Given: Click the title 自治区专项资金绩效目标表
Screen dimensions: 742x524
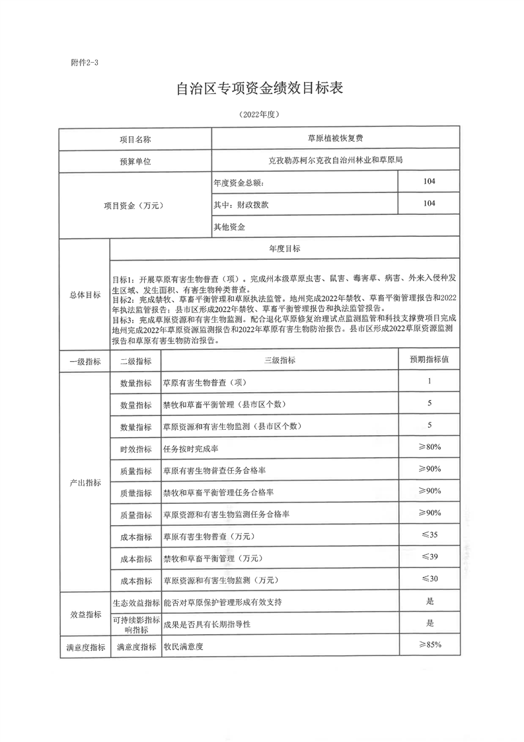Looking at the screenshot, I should pyautogui.click(x=261, y=88).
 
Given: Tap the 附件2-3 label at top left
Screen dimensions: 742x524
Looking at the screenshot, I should pyautogui.click(x=84, y=63).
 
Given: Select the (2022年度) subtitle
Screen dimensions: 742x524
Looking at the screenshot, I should pyautogui.click(x=261, y=114).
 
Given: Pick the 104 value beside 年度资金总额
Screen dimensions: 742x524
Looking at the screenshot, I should pyautogui.click(x=429, y=182).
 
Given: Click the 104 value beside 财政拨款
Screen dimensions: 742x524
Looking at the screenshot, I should pyautogui.click(x=429, y=204).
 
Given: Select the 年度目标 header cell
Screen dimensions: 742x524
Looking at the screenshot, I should pyautogui.click(x=285, y=249).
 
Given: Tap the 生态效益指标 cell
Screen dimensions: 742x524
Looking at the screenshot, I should pyautogui.click(x=136, y=602).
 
